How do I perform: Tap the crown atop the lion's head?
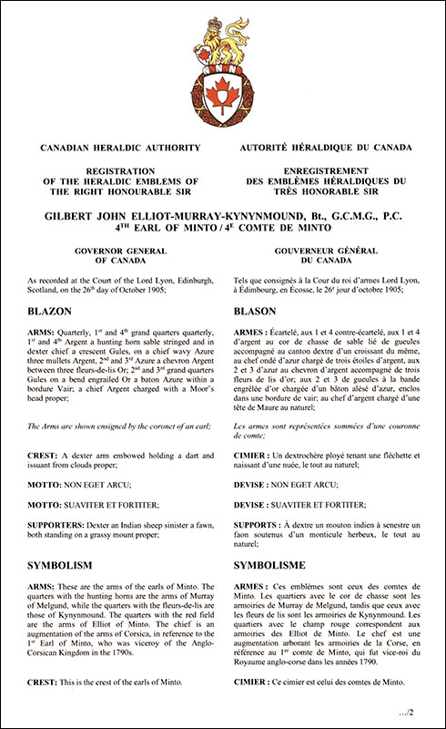(224, 20)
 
